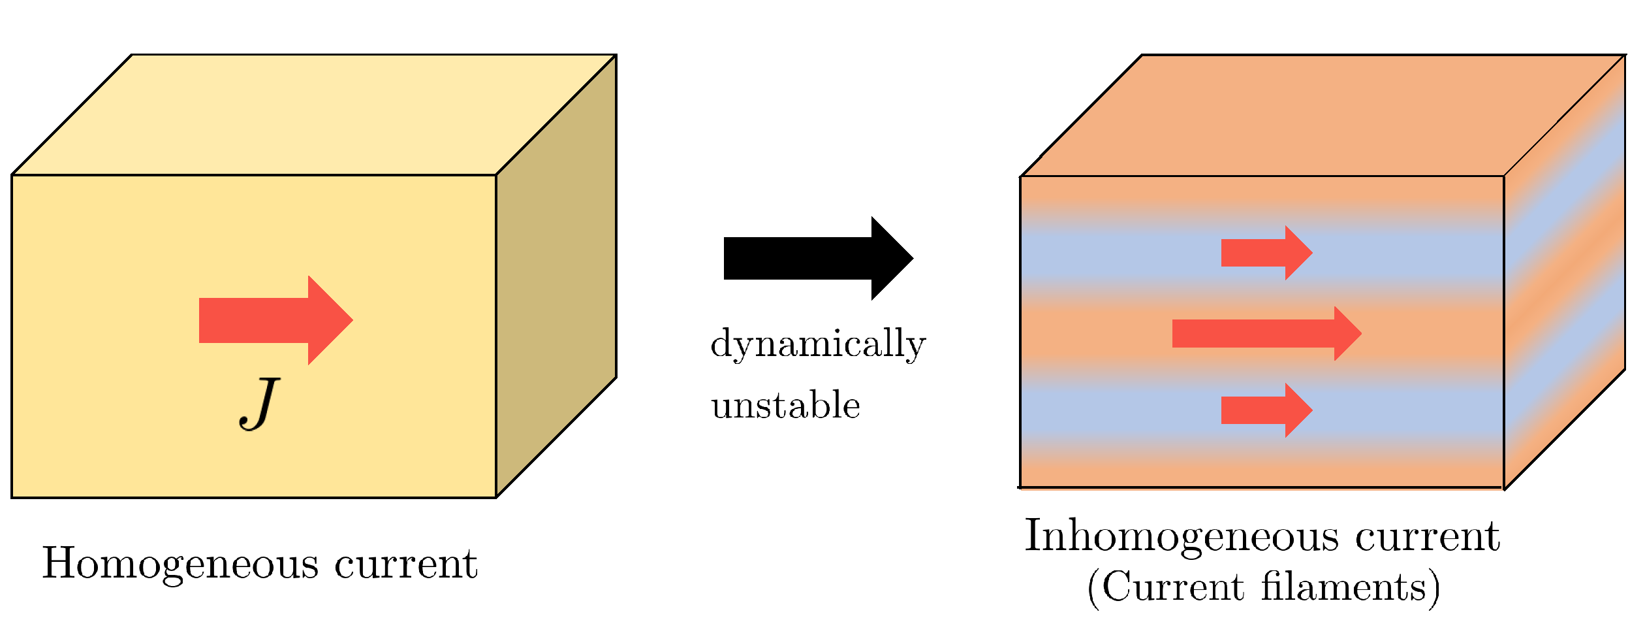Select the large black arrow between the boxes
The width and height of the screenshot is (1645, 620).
(x=816, y=259)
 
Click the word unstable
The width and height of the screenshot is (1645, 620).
(x=785, y=406)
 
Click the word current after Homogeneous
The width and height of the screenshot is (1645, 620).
(x=406, y=564)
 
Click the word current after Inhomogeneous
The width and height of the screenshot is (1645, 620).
(x=1428, y=537)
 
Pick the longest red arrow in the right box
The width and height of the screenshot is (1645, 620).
(x=1266, y=333)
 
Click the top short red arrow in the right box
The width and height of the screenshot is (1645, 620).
(x=1266, y=253)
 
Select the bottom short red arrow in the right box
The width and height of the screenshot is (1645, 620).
(x=1266, y=410)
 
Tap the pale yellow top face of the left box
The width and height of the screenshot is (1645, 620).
(x=313, y=114)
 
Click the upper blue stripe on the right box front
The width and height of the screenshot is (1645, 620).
(x=1110, y=252)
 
